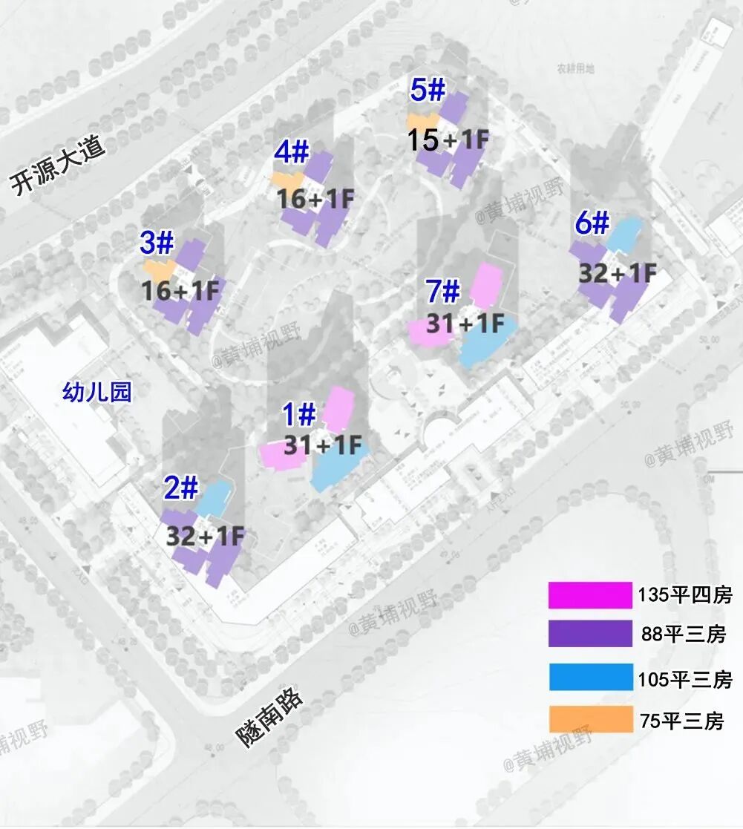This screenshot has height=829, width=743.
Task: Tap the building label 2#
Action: [x=181, y=489]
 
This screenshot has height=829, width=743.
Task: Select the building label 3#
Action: [x=157, y=242]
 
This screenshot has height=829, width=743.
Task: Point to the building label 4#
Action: [x=291, y=152]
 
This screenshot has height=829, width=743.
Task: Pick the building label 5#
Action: [x=427, y=91]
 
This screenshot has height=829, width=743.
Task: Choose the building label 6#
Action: [x=591, y=223]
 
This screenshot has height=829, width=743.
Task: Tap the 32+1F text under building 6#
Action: [x=618, y=273]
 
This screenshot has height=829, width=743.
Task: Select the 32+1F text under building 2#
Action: [x=206, y=536]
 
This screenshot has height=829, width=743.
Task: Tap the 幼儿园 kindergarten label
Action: [x=97, y=392]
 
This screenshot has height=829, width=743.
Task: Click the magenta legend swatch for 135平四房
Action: [x=590, y=595]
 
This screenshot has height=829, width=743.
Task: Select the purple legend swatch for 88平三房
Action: [x=590, y=635]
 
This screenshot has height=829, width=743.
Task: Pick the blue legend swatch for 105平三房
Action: [x=590, y=678]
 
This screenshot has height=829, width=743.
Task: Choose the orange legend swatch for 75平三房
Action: [x=590, y=719]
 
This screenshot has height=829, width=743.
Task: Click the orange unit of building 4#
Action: [x=286, y=180]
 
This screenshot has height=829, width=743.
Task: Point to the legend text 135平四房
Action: [x=684, y=595]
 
